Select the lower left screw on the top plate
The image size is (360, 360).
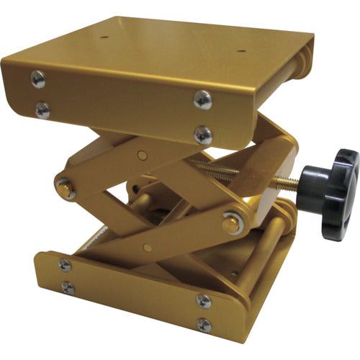point(42,110)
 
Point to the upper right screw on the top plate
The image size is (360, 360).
point(203,100)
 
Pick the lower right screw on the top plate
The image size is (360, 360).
point(203,134)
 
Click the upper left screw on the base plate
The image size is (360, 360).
point(65,265)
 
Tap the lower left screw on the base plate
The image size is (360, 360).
point(68,288)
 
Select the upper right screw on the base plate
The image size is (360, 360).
point(203,300)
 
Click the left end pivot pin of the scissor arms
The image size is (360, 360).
point(66,189)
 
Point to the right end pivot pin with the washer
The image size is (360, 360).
point(230,222)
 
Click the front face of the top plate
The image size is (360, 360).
point(122,101)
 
